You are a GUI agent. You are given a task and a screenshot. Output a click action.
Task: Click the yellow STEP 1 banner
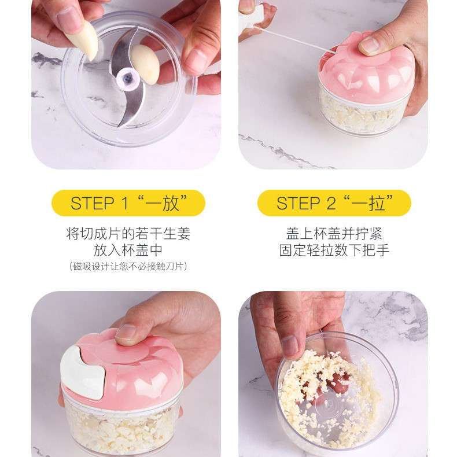128,203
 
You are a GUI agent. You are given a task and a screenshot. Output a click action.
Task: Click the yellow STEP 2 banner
334,203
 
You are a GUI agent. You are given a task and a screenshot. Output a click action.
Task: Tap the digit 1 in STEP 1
125,203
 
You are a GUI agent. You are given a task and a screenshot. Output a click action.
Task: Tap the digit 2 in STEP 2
331,203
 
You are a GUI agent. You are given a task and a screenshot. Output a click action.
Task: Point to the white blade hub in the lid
129,79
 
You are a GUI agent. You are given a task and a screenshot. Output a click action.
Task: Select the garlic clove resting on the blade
145,64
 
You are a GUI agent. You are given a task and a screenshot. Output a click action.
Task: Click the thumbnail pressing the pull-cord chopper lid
369,46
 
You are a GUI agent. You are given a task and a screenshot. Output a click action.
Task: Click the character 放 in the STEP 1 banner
171,203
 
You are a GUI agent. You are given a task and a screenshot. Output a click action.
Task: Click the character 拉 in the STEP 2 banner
377,203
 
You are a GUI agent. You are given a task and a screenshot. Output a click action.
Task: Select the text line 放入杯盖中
128,250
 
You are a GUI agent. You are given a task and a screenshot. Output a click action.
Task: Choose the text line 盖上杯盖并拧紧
334,234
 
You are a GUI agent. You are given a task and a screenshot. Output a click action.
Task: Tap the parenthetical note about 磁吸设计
128,266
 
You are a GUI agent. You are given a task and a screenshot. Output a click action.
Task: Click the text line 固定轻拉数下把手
334,250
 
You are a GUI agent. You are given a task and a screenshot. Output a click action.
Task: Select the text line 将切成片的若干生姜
128,234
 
